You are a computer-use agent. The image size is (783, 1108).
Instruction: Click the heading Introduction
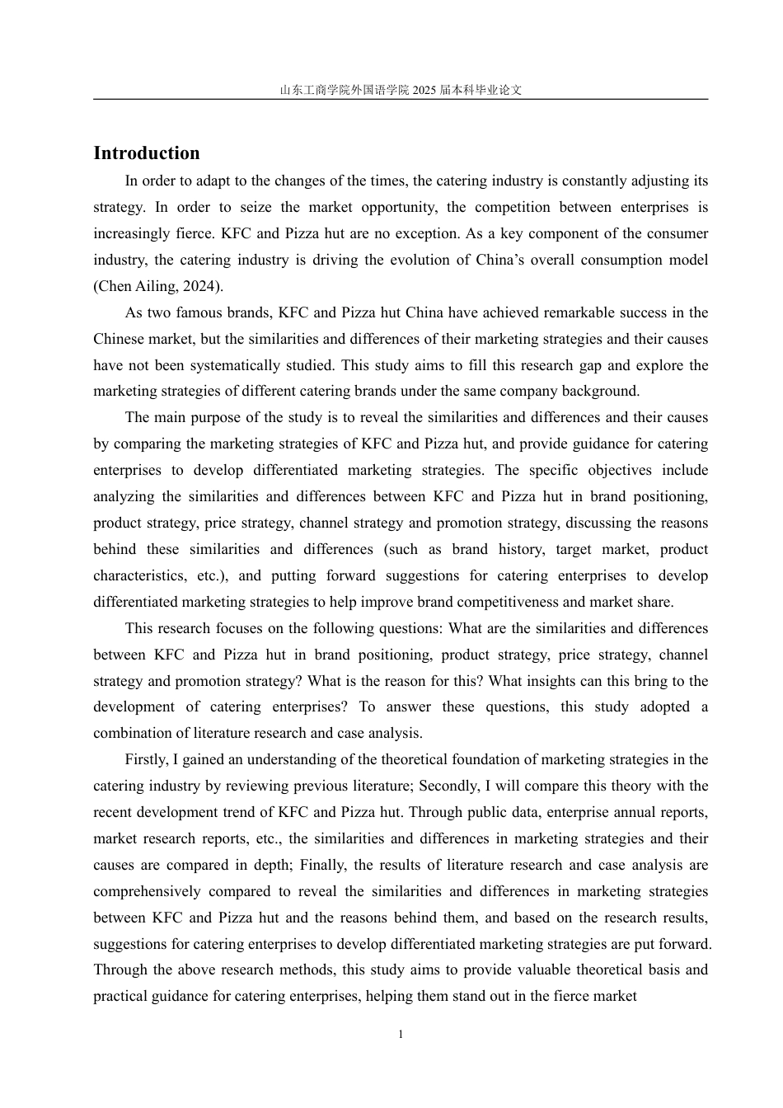click(146, 153)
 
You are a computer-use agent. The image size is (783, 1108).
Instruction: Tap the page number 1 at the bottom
click(401, 1035)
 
